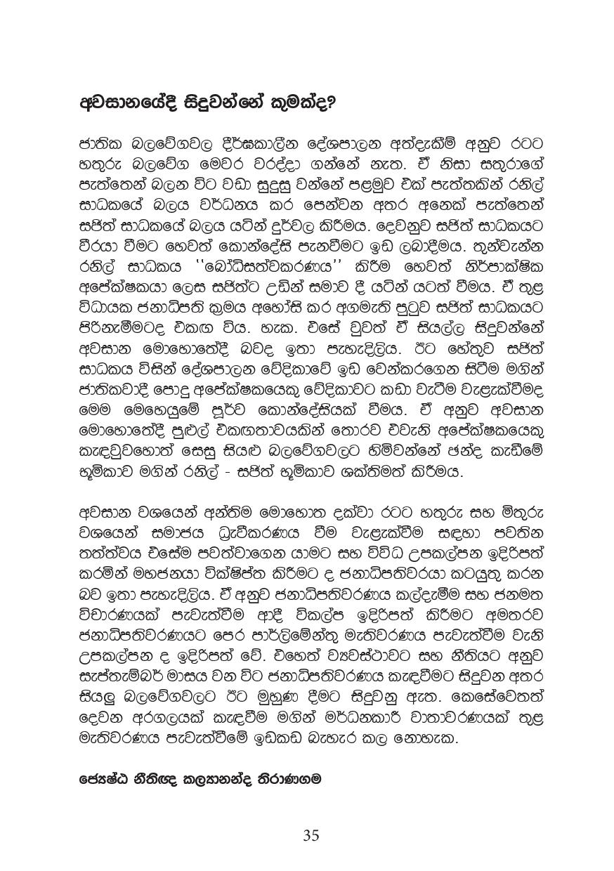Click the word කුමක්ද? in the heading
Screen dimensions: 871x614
[295, 103]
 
